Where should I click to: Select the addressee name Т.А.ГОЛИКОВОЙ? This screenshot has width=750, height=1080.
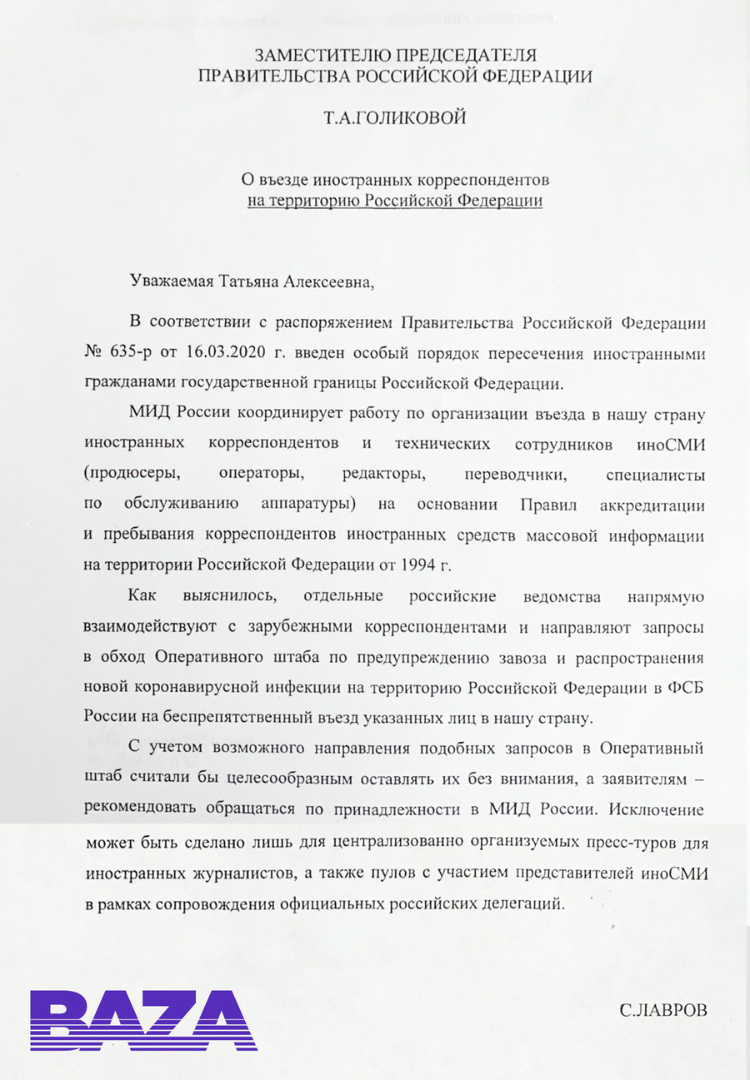[395, 117]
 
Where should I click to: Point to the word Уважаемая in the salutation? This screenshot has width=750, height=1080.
[172, 281]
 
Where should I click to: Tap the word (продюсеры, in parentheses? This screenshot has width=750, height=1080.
[131, 475]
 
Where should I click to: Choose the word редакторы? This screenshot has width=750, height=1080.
[379, 475]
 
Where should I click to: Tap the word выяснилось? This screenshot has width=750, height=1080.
[238, 597]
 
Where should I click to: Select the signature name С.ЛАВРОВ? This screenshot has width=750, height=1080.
[663, 1011]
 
